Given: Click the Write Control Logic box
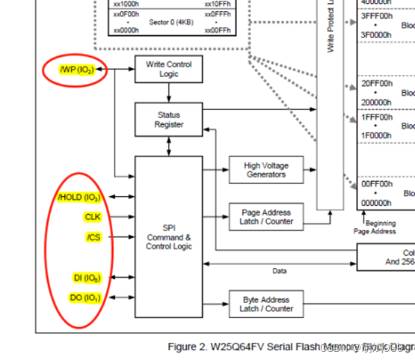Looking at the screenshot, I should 168,70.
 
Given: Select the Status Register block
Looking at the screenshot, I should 168,120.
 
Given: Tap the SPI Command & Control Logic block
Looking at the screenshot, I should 168,236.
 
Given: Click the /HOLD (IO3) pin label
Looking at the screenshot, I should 79,198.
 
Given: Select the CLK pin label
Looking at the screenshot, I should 92,217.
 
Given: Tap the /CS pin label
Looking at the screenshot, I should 93,237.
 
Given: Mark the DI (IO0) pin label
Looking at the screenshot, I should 86,278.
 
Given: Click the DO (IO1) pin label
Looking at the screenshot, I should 85,298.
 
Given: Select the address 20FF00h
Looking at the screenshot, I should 376,84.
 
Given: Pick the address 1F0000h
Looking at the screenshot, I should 376,135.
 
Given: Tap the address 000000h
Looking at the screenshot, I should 376,202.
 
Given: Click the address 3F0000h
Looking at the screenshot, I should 376,34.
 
